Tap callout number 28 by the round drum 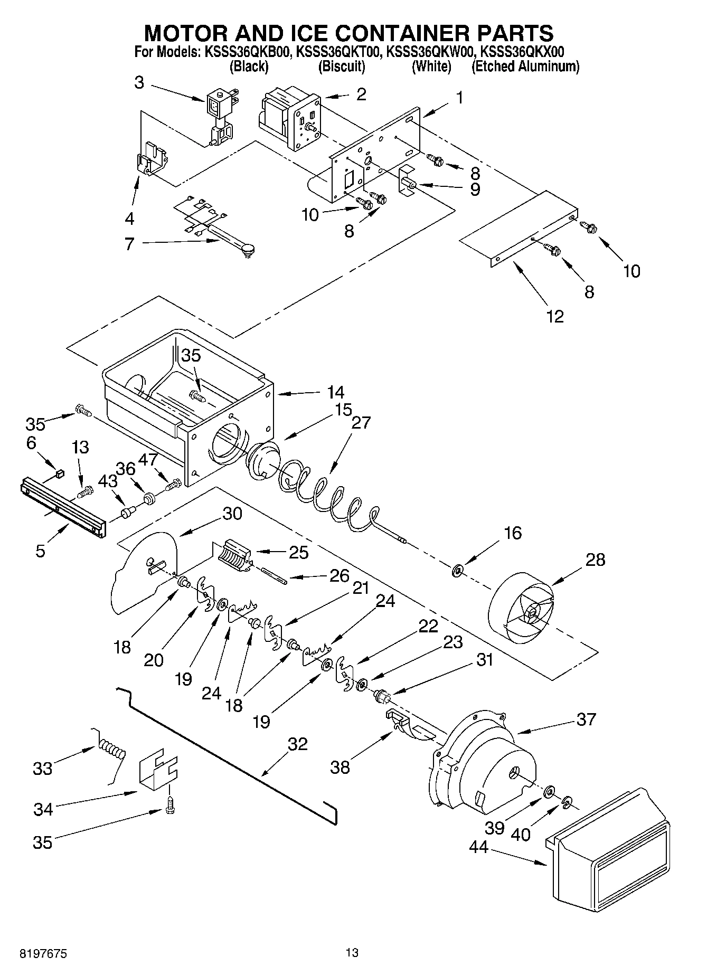(x=595, y=560)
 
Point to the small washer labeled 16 (x=457, y=570)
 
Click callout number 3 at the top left (x=139, y=83)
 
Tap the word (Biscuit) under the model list (x=342, y=67)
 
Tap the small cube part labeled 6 (x=60, y=473)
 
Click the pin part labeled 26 (x=274, y=575)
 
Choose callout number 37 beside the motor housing (x=586, y=719)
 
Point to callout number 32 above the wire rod (x=297, y=744)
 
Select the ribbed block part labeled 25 (x=232, y=555)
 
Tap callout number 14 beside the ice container (x=335, y=392)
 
